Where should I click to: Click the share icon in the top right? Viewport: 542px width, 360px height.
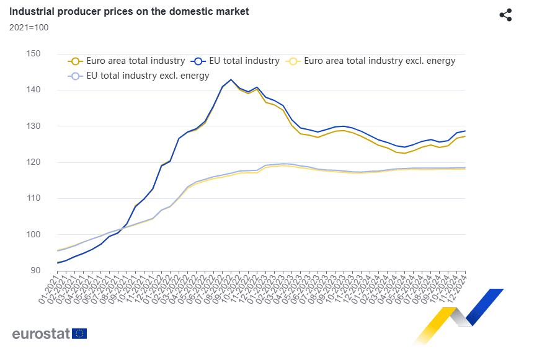click(505, 15)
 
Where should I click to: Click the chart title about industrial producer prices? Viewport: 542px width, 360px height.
click(128, 11)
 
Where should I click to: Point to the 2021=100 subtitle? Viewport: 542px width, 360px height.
click(29, 27)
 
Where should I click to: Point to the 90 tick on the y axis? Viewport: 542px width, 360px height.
click(35, 270)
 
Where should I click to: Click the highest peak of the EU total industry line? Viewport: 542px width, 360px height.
click(231, 79)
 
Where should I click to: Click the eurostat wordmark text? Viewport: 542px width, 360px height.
click(40, 333)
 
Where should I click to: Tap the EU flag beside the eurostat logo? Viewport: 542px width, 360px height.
click(79, 333)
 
